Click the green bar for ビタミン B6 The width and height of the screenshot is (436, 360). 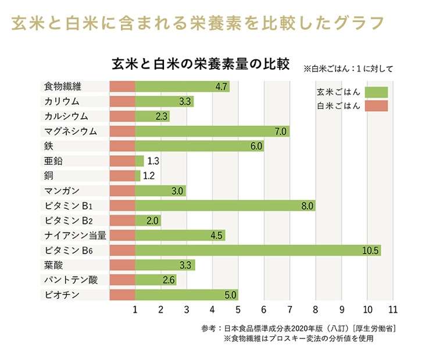pos(258,251)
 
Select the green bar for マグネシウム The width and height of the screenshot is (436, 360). pos(212,131)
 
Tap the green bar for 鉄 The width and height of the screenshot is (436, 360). pos(199,146)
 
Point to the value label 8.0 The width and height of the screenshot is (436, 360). pos(308,206)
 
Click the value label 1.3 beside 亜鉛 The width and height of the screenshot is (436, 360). pos(153,161)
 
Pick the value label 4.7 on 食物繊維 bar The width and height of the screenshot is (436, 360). pos(221,87)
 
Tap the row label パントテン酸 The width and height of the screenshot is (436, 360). pos(70,280)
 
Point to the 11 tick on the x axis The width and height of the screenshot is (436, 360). pos(393,309)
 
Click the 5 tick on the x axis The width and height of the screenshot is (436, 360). pos(238,309)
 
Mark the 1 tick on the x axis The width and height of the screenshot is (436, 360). pos(135,309)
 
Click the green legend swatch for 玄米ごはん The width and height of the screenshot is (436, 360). pos(377,92)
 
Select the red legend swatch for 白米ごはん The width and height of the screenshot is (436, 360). pos(377,106)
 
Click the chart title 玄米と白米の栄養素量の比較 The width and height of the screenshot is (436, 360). pos(200,63)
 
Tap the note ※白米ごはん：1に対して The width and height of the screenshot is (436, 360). pos(348,69)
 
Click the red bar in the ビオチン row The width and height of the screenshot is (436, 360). pos(122,295)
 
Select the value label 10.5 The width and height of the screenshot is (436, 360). pos(370,251)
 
